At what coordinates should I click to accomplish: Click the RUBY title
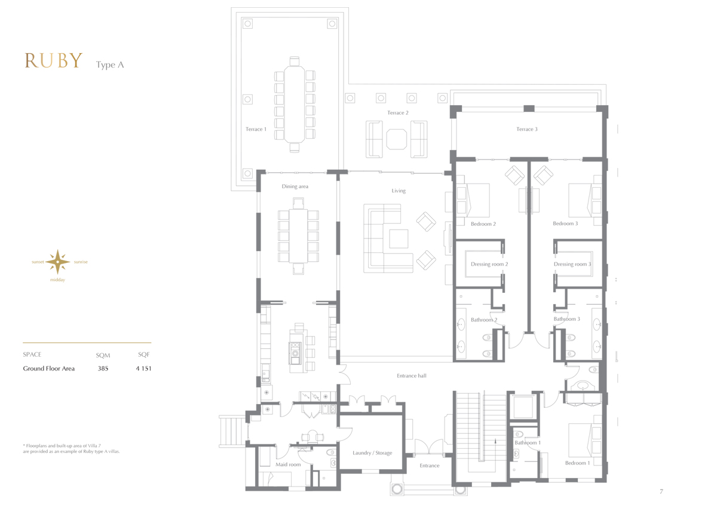pos(53,60)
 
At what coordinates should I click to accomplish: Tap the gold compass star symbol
pos(57,262)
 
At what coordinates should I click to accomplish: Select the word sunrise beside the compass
pos(81,262)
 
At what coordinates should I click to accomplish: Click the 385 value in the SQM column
pos(103,368)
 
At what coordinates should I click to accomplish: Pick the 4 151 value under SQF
pos(143,368)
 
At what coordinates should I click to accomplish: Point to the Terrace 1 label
pos(256,129)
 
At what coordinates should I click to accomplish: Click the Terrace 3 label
pos(527,129)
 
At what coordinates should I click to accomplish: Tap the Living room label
pos(399,191)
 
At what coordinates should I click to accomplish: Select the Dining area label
pos(295,186)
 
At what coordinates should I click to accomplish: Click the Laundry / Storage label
pos(372,453)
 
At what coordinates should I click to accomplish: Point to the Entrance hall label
pos(411,376)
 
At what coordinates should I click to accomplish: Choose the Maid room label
pos(288,464)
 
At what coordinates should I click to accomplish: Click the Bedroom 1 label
pos(577,463)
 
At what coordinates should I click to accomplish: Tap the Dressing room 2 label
pos(489,264)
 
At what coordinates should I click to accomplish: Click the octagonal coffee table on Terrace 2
pos(396,139)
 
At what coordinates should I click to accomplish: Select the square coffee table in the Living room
pos(399,239)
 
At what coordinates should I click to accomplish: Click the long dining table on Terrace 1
pos(295,104)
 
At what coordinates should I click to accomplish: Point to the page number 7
pos(661,491)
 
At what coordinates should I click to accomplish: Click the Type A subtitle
pos(110,65)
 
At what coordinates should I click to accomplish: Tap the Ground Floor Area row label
pos(48,368)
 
